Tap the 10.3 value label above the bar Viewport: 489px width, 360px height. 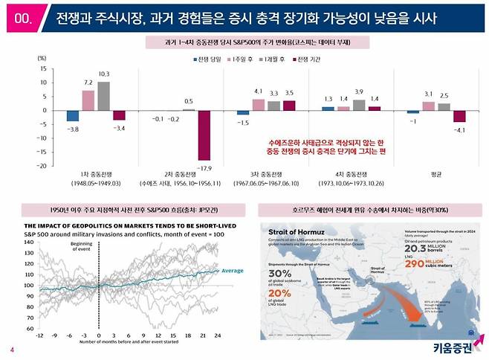click(103, 74)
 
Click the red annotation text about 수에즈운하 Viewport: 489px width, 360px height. click(323, 145)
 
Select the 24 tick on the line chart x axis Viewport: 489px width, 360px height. click(216, 335)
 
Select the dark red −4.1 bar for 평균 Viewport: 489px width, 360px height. click(459, 116)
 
